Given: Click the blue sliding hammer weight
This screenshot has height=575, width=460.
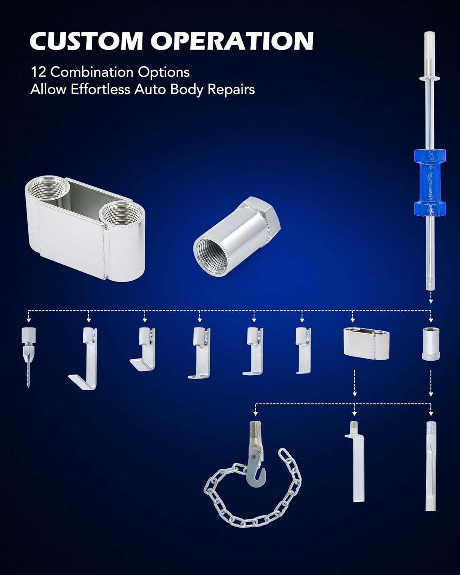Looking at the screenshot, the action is (x=430, y=182).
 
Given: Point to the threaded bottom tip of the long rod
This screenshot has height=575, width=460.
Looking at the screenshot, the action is (x=430, y=286).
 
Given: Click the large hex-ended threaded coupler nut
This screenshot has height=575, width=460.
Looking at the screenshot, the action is (x=237, y=237).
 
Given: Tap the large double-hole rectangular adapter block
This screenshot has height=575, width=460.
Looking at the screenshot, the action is (x=85, y=229).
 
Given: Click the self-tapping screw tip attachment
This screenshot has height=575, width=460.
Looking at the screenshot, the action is (x=28, y=357).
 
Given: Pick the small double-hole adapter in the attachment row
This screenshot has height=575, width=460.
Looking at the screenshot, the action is (x=366, y=344).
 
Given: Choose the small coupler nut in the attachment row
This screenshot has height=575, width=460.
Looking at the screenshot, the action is (x=430, y=344).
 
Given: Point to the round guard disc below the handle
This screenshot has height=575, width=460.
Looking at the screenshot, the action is (x=430, y=78).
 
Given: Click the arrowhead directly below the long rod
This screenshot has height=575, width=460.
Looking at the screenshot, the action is (x=430, y=301).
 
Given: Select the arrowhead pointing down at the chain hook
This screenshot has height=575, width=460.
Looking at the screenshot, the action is (x=255, y=414).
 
